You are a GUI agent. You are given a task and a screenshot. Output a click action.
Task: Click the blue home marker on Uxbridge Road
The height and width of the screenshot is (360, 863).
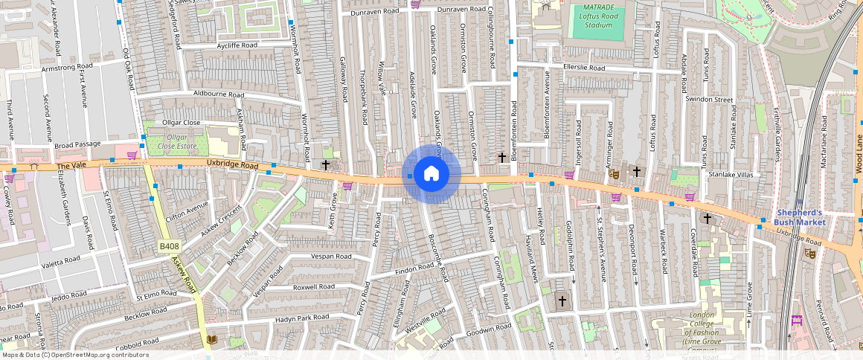pyautogui.click(x=431, y=174)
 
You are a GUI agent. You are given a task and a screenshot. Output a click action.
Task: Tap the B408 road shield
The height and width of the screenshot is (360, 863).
pyautogui.click(x=170, y=246)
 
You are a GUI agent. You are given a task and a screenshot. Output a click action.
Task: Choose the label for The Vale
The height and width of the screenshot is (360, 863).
pyautogui.click(x=72, y=166)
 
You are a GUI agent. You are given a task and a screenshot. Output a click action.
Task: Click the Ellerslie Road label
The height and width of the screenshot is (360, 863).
pyautogui.click(x=584, y=68)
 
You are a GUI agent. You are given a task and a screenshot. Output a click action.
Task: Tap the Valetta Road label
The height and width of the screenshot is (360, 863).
pyautogui.click(x=61, y=260)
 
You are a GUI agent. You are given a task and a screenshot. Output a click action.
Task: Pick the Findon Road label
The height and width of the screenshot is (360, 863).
pyautogui.click(x=414, y=270)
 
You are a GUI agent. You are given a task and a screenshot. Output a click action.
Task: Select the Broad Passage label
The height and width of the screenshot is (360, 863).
pyautogui.click(x=77, y=145)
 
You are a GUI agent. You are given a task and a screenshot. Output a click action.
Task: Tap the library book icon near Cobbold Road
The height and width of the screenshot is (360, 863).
pyautogui.click(x=212, y=340)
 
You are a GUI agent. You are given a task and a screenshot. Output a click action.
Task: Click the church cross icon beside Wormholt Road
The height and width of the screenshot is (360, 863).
pyautogui.click(x=325, y=164)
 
